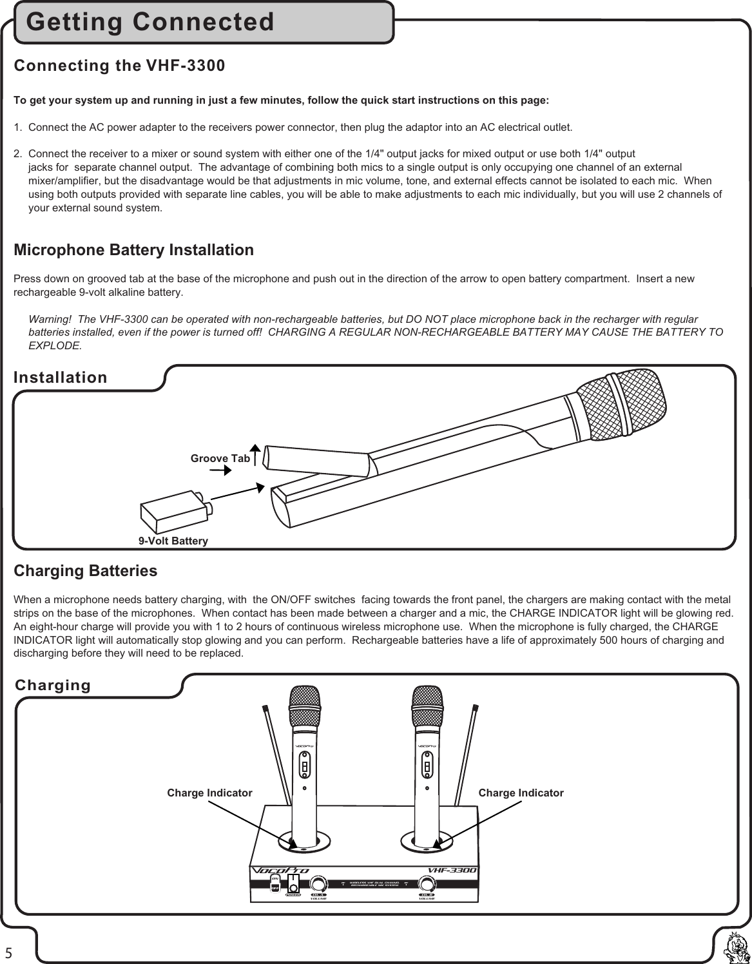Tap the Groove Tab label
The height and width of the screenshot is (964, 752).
[x=220, y=459]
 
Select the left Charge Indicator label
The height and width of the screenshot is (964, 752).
[x=209, y=793]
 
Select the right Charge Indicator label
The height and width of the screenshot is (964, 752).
[x=521, y=793]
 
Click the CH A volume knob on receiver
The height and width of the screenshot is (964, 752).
[x=318, y=884]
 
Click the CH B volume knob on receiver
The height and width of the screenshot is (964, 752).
[x=427, y=884]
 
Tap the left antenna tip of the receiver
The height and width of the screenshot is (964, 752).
[x=265, y=709]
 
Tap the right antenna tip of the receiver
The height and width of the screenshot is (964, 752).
[x=476, y=709]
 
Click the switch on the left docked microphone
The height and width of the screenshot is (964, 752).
[x=304, y=767]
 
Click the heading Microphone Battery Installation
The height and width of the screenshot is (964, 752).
[x=133, y=250]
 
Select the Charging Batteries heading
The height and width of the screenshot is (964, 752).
[x=85, y=571]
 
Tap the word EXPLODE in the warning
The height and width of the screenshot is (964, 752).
[x=55, y=345]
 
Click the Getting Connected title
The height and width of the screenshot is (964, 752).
[x=150, y=23]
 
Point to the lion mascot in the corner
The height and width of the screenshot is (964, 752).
[x=735, y=947]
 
